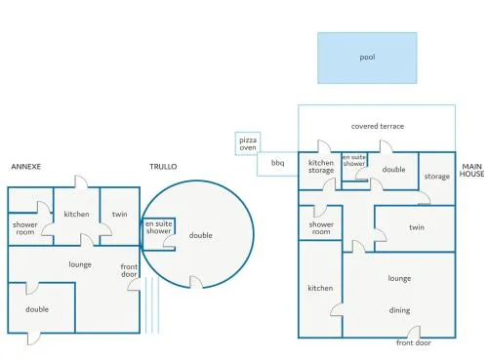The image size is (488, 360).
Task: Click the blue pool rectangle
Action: point(367,58)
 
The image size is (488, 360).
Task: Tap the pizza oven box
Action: point(248,143)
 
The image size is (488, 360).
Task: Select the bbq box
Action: point(277,164)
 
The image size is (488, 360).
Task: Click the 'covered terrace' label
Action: point(378,126)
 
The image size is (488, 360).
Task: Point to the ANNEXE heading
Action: point(26,167)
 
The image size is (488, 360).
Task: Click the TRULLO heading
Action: point(163,167)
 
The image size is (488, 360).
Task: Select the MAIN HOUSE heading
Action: point(471,170)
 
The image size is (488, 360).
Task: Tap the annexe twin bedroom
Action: point(120,216)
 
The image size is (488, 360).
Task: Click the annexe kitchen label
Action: point(76,214)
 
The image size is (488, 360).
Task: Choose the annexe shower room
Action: point(30,228)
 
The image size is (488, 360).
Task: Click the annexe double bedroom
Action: point(42,307)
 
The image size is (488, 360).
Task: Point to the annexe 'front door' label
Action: point(129,270)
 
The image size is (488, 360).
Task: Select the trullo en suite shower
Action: point(159,234)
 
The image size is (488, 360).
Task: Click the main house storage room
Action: point(437,179)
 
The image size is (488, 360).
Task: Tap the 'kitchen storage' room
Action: point(320,171)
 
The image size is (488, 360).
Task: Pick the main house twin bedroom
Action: point(415,228)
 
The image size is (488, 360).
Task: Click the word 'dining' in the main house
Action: point(399,310)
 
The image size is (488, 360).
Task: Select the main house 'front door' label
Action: point(414,342)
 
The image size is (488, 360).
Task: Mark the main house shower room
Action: point(320,223)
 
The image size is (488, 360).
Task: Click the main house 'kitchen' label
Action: point(320,288)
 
